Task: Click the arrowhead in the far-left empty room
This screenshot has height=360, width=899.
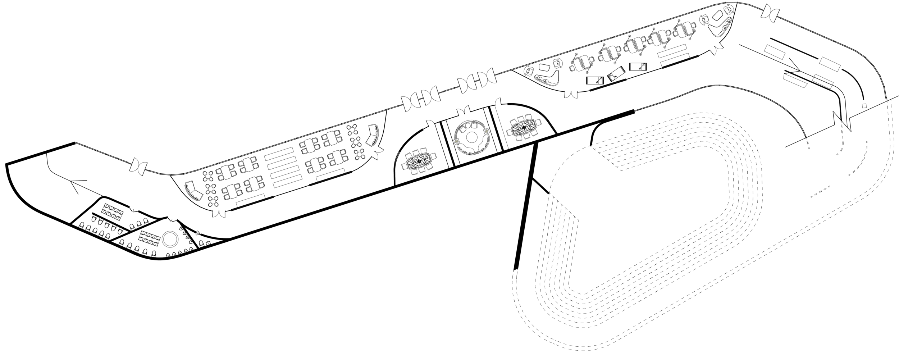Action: point(75,187)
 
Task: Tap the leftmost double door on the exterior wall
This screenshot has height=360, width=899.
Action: point(138,167)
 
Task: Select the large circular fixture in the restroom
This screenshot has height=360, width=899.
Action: point(169,239)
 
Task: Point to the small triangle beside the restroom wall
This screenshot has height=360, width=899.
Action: point(197,233)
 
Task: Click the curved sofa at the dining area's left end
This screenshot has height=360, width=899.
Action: point(193,191)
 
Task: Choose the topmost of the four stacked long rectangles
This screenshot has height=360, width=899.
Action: point(279,151)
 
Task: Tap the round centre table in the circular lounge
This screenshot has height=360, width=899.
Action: point(471,137)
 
